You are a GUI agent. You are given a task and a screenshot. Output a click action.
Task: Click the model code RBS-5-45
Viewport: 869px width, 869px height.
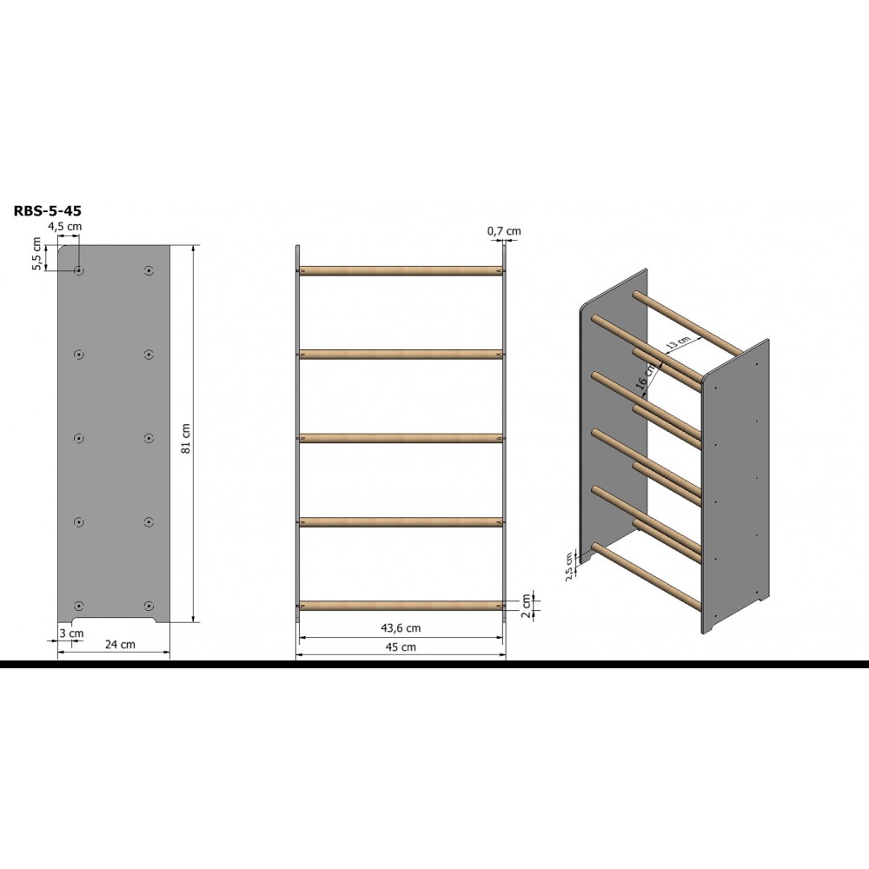(x=47, y=210)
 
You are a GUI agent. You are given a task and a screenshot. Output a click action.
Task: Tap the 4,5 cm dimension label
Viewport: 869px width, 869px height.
(x=65, y=226)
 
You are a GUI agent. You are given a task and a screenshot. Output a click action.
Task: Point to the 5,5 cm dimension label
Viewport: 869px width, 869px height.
(x=36, y=253)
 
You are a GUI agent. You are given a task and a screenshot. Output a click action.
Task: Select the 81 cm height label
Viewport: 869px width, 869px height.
(x=186, y=438)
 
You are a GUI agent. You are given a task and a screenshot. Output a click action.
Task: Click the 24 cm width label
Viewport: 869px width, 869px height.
(x=120, y=644)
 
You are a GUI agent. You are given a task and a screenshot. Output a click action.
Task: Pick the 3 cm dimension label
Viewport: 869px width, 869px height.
(x=72, y=633)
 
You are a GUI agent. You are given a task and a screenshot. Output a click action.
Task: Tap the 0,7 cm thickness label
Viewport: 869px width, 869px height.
(x=504, y=231)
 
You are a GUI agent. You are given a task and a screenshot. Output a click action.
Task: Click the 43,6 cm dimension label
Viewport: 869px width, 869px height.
(x=401, y=628)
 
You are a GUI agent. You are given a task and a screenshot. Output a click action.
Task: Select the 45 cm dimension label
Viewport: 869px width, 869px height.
(x=401, y=647)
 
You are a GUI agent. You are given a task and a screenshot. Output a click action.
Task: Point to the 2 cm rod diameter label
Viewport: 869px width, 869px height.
(x=526, y=607)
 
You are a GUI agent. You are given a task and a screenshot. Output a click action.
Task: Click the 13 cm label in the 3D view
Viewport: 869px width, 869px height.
(x=678, y=343)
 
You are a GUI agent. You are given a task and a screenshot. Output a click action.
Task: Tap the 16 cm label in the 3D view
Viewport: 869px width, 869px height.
(x=647, y=375)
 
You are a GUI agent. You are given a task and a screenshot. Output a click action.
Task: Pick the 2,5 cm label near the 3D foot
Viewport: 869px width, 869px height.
(x=569, y=566)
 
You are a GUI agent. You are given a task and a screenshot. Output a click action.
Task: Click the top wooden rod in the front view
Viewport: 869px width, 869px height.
(x=401, y=271)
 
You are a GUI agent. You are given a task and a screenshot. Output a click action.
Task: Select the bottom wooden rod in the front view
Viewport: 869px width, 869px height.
(x=401, y=606)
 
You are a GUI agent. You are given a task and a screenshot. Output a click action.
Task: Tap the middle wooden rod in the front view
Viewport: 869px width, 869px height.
(x=401, y=438)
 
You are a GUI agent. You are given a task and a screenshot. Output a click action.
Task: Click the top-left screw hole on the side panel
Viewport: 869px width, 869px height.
(x=79, y=270)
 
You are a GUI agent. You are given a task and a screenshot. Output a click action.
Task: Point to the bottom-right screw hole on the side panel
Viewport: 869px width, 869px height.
(x=148, y=605)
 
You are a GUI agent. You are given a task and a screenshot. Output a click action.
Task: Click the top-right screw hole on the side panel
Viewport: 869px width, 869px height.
(x=148, y=270)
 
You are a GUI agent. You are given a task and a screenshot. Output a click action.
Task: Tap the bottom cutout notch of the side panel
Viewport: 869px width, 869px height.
(x=114, y=619)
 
